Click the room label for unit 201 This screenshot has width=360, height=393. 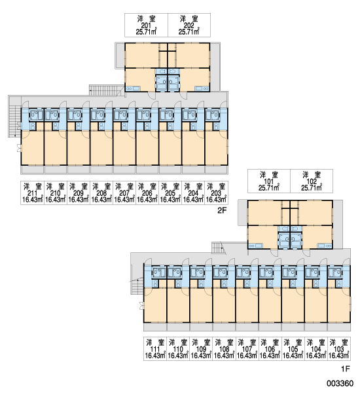(x=146, y=25)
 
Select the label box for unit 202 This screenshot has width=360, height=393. (x=189, y=25)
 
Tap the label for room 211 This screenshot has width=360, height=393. (x=32, y=193)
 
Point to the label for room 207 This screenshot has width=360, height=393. (x=124, y=193)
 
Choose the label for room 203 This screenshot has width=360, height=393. (x=216, y=193)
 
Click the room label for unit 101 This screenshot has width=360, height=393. (x=269, y=181)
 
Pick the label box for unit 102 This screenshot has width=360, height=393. (x=312, y=181)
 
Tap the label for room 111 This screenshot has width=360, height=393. (x=155, y=348)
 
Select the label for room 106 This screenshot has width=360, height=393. (x=270, y=348)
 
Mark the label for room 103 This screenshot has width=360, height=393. (x=339, y=348)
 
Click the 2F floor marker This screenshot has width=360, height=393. (x=222, y=210)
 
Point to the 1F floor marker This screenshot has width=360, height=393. (x=345, y=369)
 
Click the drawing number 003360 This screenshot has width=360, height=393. (x=340, y=383)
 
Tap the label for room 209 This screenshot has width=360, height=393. (x=79, y=193)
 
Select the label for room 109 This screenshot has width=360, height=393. (x=201, y=348)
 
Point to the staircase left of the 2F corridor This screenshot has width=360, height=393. (x=14, y=121)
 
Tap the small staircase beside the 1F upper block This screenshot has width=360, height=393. (x=217, y=248)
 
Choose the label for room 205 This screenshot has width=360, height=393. (x=170, y=193)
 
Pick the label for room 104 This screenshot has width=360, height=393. (x=316, y=348)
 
